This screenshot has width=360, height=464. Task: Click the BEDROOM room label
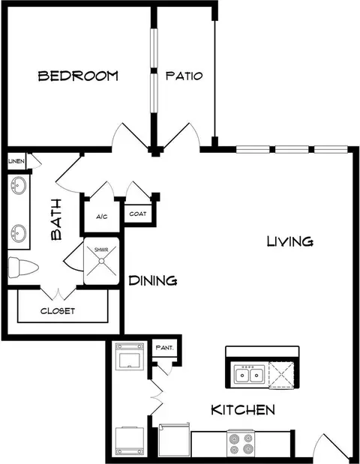tap(78, 76)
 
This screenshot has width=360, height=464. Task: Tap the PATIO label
tap(184, 76)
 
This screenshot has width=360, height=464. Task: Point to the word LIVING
tap(290, 241)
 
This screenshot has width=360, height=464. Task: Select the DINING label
tap(153, 280)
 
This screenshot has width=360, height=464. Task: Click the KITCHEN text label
tap(243, 410)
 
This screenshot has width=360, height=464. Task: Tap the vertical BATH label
tap(56, 220)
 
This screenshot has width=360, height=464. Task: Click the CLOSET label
tap(58, 311)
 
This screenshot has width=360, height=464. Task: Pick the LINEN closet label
tap(16, 161)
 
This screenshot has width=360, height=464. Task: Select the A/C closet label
tap(101, 217)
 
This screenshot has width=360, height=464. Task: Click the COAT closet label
tap(138, 214)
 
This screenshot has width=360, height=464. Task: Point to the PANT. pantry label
tap(164, 347)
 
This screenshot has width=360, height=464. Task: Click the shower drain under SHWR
tap(101, 261)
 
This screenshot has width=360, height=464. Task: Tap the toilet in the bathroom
tap(23, 267)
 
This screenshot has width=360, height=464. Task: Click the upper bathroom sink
tap(18, 186)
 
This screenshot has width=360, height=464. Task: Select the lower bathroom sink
tap(18, 233)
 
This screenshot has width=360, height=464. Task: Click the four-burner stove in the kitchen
tap(241, 443)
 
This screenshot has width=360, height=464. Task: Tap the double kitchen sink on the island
tap(249, 375)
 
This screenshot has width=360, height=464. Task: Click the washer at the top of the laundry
tap(130, 357)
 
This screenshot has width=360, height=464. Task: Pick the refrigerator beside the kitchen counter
tap(174, 440)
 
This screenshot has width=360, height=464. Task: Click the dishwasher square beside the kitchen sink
tap(281, 375)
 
